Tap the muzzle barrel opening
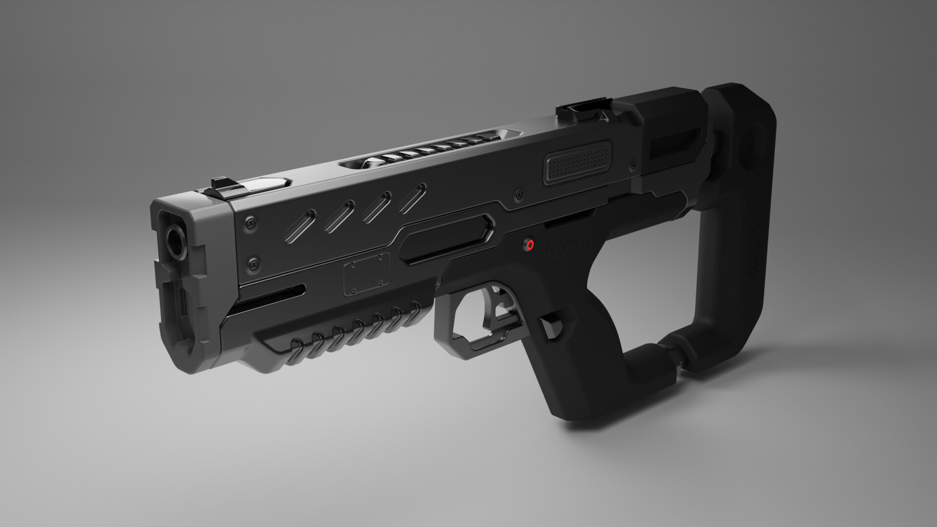[174, 240]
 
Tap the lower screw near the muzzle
[253, 265]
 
